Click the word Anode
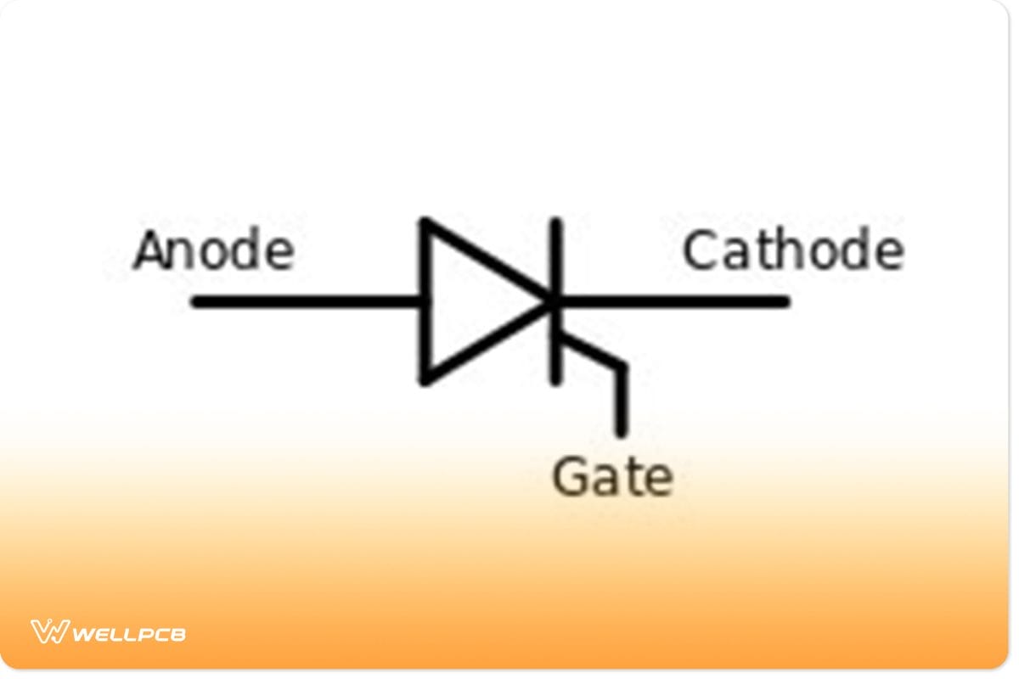click(x=214, y=251)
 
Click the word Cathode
click(x=792, y=251)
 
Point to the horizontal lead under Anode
click(x=306, y=301)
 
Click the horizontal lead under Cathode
click(x=679, y=301)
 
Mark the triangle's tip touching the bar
click(x=550, y=301)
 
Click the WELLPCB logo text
click(x=129, y=633)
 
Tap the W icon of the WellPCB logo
click(x=49, y=631)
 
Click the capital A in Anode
click(x=150, y=251)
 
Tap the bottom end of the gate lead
click(x=622, y=433)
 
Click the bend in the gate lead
click(x=622, y=368)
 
